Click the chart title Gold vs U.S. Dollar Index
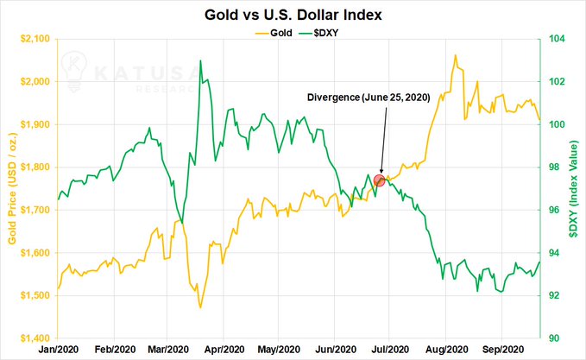pos(293,15)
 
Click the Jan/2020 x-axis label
pos(58,350)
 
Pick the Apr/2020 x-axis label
pos(224,350)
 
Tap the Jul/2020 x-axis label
pos(390,350)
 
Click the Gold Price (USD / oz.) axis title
pos(12,188)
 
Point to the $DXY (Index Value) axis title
pos(573,188)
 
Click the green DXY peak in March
pos(200,60)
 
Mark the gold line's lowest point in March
pos(200,307)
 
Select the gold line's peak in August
pos(455,55)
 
